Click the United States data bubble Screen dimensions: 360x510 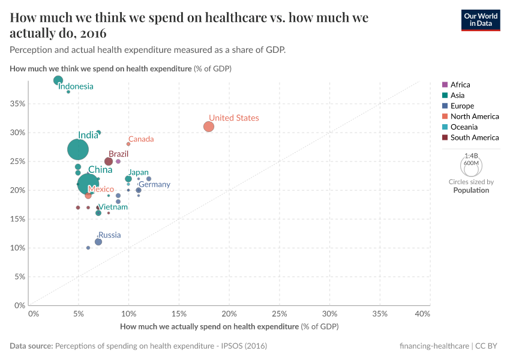coord(209,127)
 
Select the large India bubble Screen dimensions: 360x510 coord(78,149)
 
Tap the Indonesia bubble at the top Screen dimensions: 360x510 coord(58,80)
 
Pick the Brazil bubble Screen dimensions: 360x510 coord(109,161)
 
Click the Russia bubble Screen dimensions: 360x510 coord(98,242)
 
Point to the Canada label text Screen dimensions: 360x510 coord(141,139)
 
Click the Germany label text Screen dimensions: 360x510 coord(154,184)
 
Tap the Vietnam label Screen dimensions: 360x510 coord(113,207)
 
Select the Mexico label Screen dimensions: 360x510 coord(101,189)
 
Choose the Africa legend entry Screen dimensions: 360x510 coord(460,85)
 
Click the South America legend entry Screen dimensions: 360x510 coord(475,137)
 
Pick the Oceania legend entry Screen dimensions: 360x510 coord(465,127)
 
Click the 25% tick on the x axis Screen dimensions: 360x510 coord(280,314)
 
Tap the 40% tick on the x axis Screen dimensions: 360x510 coord(422,314)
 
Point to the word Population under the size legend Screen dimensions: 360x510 coord(471,190)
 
